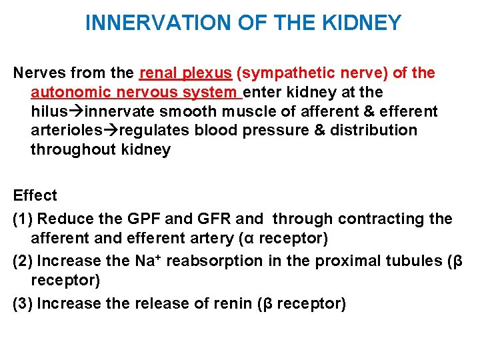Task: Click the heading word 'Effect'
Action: click(x=35, y=195)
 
